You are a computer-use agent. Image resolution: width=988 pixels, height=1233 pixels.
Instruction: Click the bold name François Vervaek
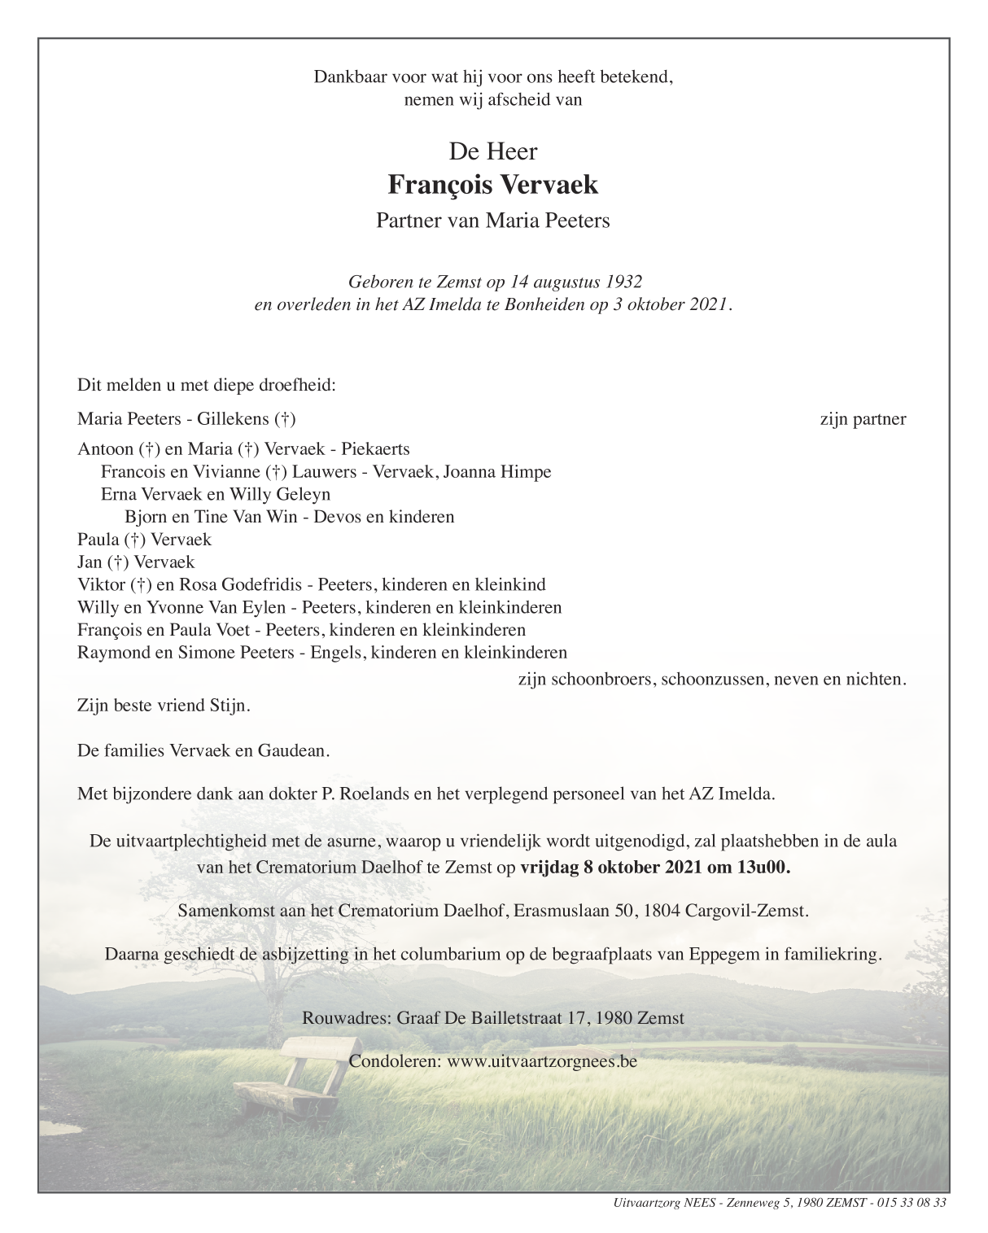[493, 186]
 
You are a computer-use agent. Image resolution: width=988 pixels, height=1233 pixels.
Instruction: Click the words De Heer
[493, 151]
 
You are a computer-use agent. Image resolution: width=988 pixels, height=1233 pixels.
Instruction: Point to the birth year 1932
[623, 282]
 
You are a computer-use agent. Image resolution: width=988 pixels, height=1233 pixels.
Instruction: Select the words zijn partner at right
[863, 420]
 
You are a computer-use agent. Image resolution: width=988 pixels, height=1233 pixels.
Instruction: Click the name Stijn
[229, 705]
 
